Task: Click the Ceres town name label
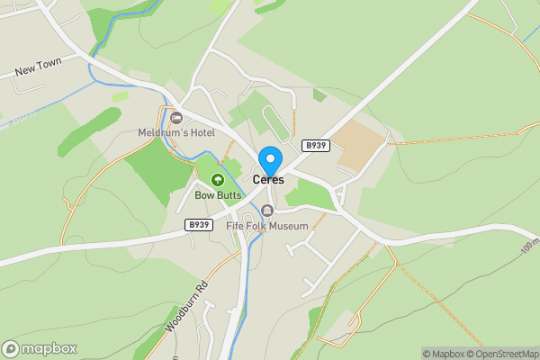[268, 180]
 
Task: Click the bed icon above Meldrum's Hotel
[175, 118]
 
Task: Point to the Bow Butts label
[218, 194]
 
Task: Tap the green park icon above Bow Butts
[217, 180]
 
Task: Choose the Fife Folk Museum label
[267, 226]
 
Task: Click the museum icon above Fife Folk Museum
[266, 211]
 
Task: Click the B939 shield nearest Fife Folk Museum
[198, 225]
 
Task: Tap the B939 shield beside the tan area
[315, 145]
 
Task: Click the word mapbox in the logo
[49, 348]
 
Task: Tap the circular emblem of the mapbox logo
[12, 348]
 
